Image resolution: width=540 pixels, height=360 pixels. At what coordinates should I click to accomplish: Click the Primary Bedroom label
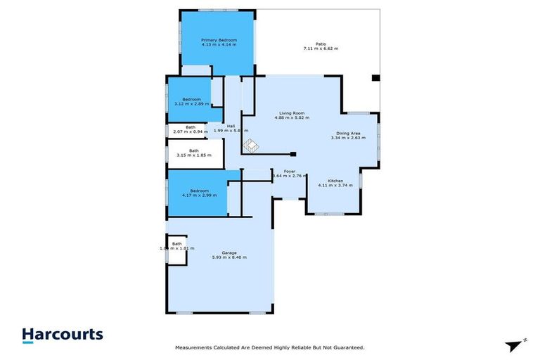[219, 40]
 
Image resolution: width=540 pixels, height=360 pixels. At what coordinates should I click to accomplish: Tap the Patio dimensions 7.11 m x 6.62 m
[321, 49]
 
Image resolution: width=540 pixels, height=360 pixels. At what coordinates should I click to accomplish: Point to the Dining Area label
[348, 133]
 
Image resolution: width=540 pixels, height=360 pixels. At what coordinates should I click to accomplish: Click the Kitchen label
[335, 181]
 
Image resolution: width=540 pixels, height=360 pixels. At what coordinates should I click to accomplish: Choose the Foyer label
[289, 172]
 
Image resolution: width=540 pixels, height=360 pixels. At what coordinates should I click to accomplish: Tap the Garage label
[229, 252]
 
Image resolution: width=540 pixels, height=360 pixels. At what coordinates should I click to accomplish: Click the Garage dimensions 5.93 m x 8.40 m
[229, 257]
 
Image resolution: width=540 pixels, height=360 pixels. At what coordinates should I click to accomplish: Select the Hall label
[231, 126]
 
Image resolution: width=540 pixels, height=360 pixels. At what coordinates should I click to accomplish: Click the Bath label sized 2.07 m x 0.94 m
[191, 127]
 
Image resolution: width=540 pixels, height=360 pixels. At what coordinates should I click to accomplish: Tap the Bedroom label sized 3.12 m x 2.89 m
[191, 99]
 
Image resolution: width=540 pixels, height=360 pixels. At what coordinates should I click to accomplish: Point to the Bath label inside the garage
[176, 244]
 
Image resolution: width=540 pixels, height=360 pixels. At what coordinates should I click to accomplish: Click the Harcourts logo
[63, 335]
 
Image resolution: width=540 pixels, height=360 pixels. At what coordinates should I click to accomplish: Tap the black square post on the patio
[375, 77]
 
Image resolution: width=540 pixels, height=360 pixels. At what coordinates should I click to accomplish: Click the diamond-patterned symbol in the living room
[250, 146]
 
